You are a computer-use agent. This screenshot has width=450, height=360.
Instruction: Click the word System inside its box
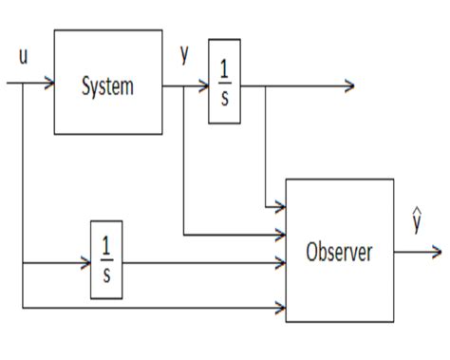click(x=107, y=86)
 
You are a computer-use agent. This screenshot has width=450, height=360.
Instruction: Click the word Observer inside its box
click(x=339, y=253)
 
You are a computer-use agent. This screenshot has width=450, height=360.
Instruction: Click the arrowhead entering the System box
click(x=48, y=84)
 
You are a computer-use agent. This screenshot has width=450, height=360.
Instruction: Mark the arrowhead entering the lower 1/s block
click(x=85, y=259)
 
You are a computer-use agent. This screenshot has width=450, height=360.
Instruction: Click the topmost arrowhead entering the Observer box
click(x=281, y=206)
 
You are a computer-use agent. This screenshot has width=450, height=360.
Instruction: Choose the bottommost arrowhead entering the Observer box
click(x=281, y=308)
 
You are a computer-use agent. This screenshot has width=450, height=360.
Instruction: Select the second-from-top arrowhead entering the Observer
click(x=281, y=233)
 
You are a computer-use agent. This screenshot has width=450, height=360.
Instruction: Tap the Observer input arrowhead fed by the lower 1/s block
click(x=281, y=259)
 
